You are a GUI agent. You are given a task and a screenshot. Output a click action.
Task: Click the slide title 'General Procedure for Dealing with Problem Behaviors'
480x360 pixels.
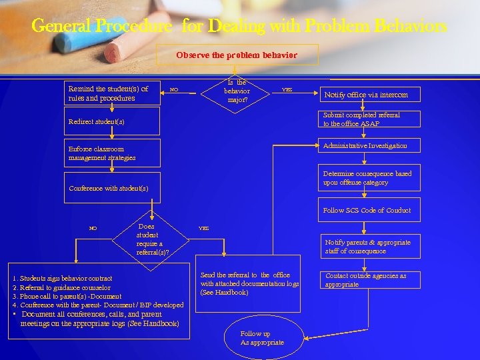pyautogui.click(x=239, y=27)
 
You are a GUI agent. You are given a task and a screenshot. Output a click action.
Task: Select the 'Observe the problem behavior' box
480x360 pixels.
pyautogui.click(x=237, y=55)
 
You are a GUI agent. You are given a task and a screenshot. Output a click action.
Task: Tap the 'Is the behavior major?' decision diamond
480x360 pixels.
pyautogui.click(x=237, y=91)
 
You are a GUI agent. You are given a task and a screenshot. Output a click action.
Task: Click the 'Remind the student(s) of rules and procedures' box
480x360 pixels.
pyautogui.click(x=113, y=93)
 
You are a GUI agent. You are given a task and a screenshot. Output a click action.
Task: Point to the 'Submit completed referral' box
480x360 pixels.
pyautogui.click(x=369, y=119)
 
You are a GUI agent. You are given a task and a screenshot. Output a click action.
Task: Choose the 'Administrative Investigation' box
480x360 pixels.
pyautogui.click(x=369, y=146)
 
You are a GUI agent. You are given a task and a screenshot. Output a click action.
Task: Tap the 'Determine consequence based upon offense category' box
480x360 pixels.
pyautogui.click(x=369, y=178)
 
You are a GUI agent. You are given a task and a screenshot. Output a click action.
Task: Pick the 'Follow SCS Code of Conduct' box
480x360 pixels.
pyautogui.click(x=369, y=210)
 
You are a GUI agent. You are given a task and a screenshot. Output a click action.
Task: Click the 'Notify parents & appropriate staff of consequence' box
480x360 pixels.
pyautogui.click(x=369, y=247)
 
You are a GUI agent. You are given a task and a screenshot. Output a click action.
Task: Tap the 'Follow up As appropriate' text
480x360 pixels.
pyautogui.click(x=262, y=338)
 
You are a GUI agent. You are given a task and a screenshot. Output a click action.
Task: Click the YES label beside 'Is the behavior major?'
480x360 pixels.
pyautogui.click(x=287, y=89)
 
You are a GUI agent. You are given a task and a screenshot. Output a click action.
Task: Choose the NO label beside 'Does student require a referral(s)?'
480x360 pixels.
pyautogui.click(x=93, y=228)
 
